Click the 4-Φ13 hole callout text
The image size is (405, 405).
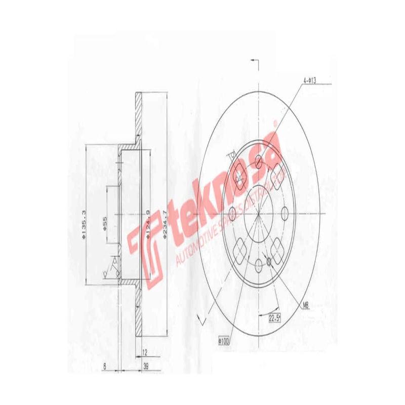pos(310,80)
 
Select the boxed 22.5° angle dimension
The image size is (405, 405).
pos(274,317)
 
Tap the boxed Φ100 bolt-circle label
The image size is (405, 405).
pos(223,341)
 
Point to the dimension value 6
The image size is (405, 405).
pos(103,366)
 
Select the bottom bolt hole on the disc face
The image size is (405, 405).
pos(259,264)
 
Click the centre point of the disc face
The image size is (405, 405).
pos(259,213)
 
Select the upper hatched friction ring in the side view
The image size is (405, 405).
pos(137,116)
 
